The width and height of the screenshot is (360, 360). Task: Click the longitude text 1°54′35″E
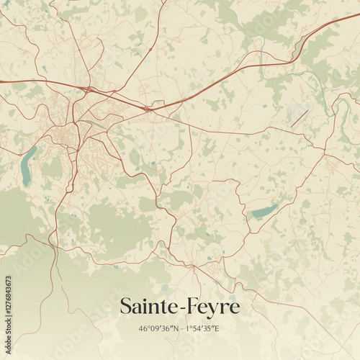point(202,329)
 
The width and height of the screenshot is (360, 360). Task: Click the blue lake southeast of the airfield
point(264,211)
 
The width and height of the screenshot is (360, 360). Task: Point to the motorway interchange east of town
point(147,109)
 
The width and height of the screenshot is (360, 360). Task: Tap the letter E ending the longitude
point(217,329)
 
